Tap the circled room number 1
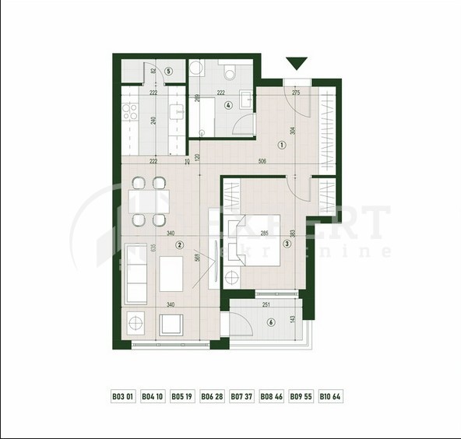click(281, 143)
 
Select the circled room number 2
click(180, 244)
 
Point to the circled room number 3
click(287, 244)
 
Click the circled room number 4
click(168, 72)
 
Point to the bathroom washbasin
click(245, 100)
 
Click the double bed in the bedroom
click(259, 244)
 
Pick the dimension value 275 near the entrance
click(295, 93)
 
